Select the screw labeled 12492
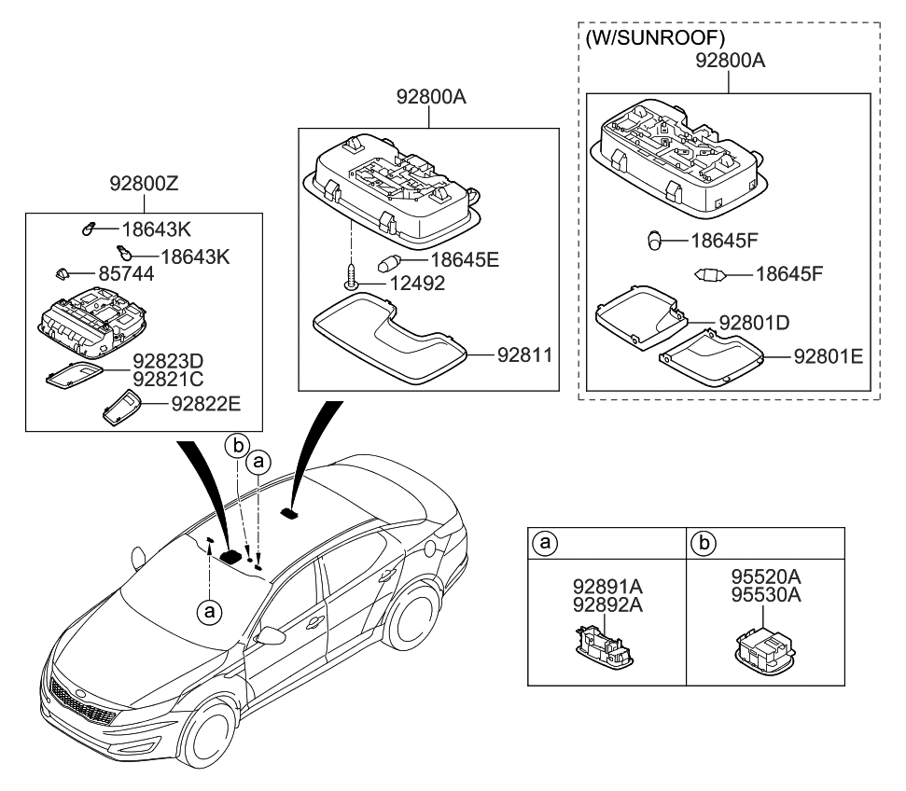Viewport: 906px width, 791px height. click(351, 277)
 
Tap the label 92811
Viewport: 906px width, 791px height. click(524, 354)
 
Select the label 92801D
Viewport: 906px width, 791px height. click(754, 323)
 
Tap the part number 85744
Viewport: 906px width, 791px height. click(128, 275)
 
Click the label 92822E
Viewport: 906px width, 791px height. click(205, 404)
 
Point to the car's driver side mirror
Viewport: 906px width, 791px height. click(272, 636)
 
